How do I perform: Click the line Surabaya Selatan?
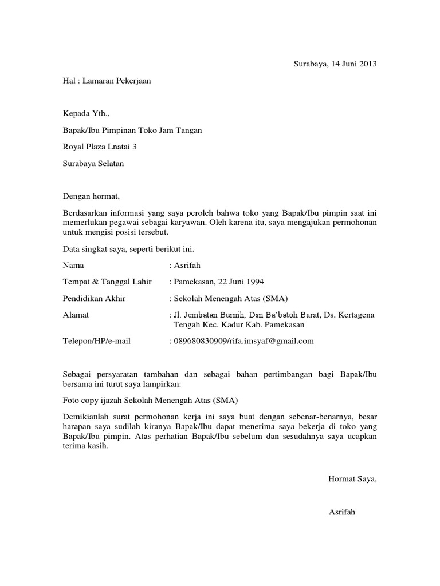pyautogui.click(x=93, y=163)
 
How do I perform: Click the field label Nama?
pyautogui.click(x=73, y=266)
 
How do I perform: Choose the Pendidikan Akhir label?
pyautogui.click(x=94, y=298)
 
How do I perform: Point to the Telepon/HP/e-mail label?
pyautogui.click(x=97, y=341)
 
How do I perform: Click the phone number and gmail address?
pyautogui.click(x=244, y=341)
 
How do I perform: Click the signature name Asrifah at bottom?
pyautogui.click(x=342, y=512)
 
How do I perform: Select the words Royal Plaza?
pyautogui.click(x=81, y=146)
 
